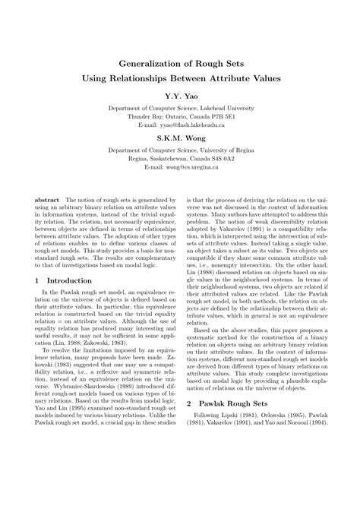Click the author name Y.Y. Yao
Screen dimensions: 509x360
(x=180, y=97)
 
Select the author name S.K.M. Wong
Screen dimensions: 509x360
(x=180, y=140)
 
